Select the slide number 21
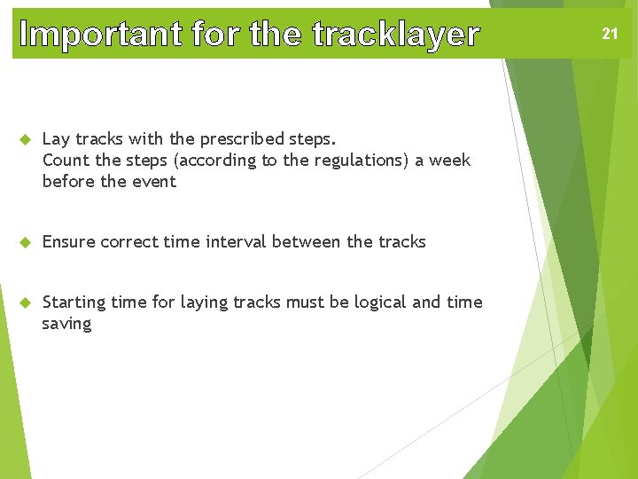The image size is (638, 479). [610, 35]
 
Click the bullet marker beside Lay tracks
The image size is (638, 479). [26, 139]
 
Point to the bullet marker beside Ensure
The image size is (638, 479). [26, 242]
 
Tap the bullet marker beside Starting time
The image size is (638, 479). [26, 302]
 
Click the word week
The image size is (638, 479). [449, 161]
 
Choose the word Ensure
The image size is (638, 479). [69, 242]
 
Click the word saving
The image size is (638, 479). [67, 324]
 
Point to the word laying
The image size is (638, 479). [204, 302]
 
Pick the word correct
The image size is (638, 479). [131, 242]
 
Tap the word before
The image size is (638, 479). [69, 182]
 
